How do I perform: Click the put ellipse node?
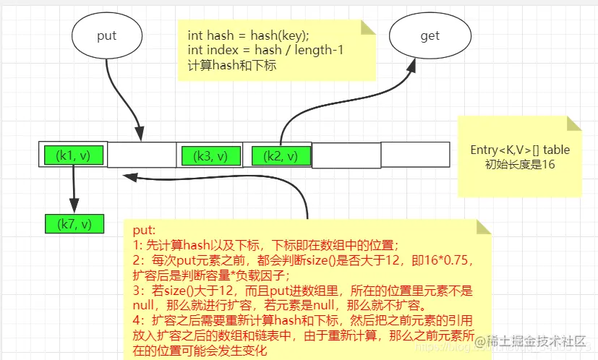[x=107, y=35]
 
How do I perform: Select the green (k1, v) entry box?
[x=74, y=155]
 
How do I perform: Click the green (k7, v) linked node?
[x=74, y=224]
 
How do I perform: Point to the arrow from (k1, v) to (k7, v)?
[x=74, y=188]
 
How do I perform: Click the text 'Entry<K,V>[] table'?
[x=520, y=150]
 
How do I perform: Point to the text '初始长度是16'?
[x=520, y=164]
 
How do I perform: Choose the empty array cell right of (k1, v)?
[x=142, y=155]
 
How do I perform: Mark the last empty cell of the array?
[x=415, y=155]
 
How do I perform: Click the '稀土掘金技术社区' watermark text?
[x=534, y=340]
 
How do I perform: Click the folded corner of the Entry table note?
[x=574, y=124]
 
